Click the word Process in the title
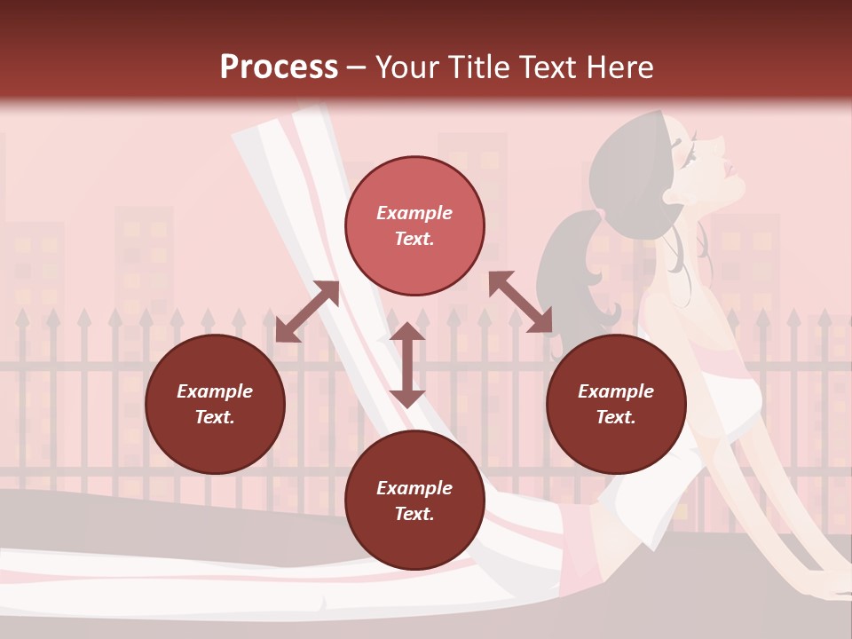279,67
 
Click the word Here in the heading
619,67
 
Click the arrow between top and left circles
307,312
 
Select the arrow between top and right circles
520,303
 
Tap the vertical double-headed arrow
407,365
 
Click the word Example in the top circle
414,213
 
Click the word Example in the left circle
215,391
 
